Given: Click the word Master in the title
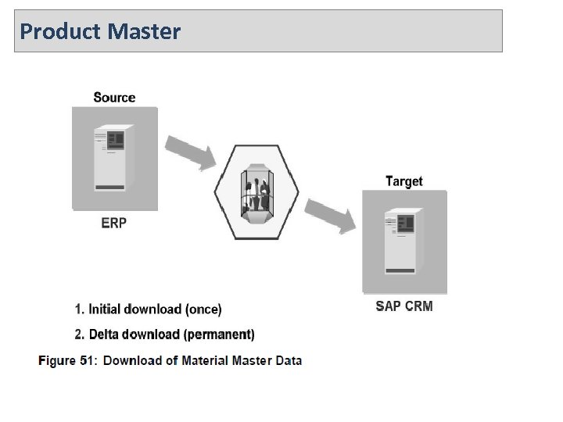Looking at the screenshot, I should [145, 31].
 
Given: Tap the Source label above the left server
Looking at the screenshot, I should [114, 98].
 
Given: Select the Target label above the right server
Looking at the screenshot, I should [404, 181].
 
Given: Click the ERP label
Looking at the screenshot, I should [114, 223].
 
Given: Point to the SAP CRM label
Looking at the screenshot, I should [404, 306].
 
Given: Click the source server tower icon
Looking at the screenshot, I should [110, 159].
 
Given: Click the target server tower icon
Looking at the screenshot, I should [401, 241].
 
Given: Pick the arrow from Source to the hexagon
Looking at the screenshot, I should [191, 152].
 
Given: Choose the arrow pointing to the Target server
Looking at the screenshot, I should [330, 216].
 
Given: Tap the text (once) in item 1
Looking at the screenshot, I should [203, 309].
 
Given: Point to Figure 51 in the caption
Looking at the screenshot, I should [67, 360].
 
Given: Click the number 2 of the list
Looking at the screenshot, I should [79, 334].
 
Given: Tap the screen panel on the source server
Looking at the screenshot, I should [116, 140].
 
